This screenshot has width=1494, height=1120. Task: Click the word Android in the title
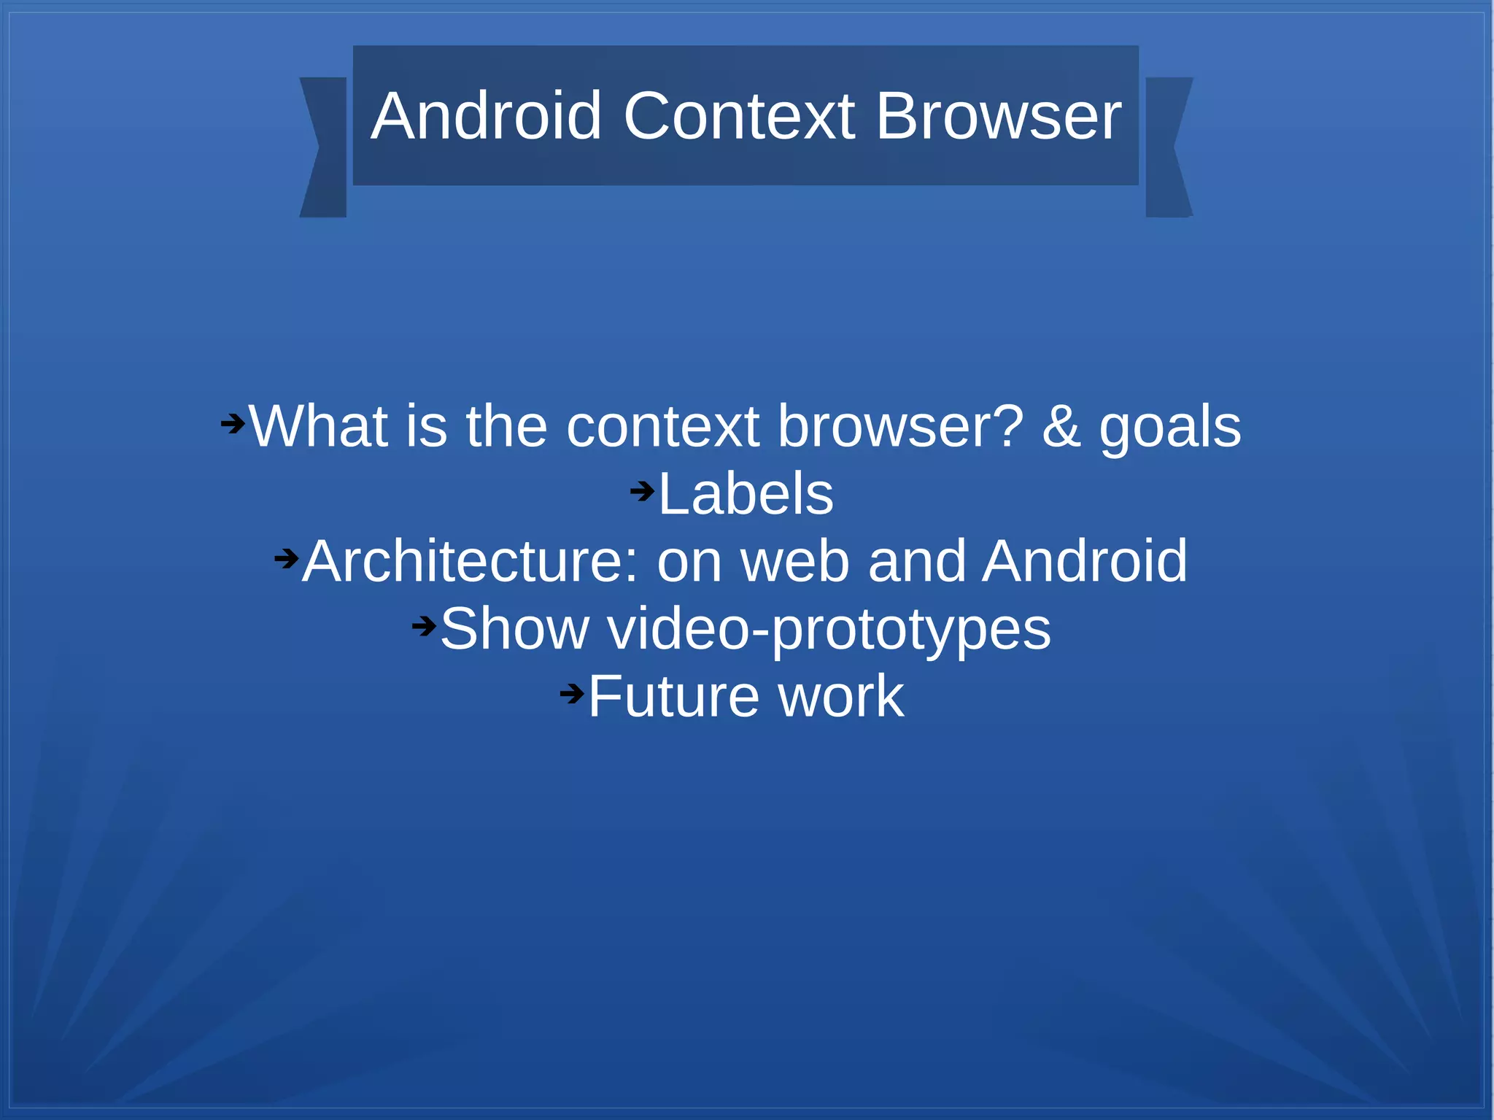486,116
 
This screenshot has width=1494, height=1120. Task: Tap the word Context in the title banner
738,116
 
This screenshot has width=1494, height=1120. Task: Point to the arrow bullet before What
233,423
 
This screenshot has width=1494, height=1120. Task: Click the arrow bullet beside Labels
642,491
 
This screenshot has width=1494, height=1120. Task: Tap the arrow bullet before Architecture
286,559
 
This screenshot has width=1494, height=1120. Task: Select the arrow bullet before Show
424,626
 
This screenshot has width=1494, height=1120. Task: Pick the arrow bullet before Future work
572,693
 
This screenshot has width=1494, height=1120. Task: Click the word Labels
746,494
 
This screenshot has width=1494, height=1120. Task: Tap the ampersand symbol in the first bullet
1061,426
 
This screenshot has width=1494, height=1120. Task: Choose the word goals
1170,428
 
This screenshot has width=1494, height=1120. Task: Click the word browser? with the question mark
900,426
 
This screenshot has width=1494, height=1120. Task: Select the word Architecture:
470,561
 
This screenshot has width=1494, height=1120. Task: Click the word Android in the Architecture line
1085,561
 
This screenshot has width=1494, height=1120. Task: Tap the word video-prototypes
829,630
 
